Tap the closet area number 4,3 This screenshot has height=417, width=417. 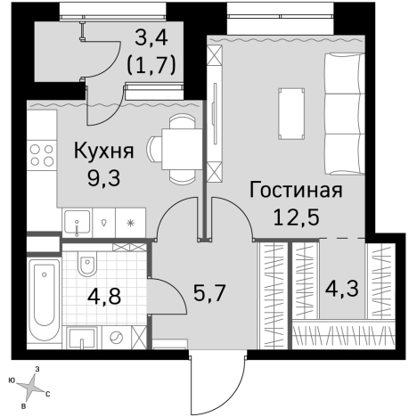pyautogui.click(x=343, y=289)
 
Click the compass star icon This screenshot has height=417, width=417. pyautogui.click(x=31, y=386)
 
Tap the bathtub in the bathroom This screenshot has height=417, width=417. pyautogui.click(x=43, y=302)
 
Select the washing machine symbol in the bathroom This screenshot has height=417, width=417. pyautogui.click(x=116, y=338)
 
